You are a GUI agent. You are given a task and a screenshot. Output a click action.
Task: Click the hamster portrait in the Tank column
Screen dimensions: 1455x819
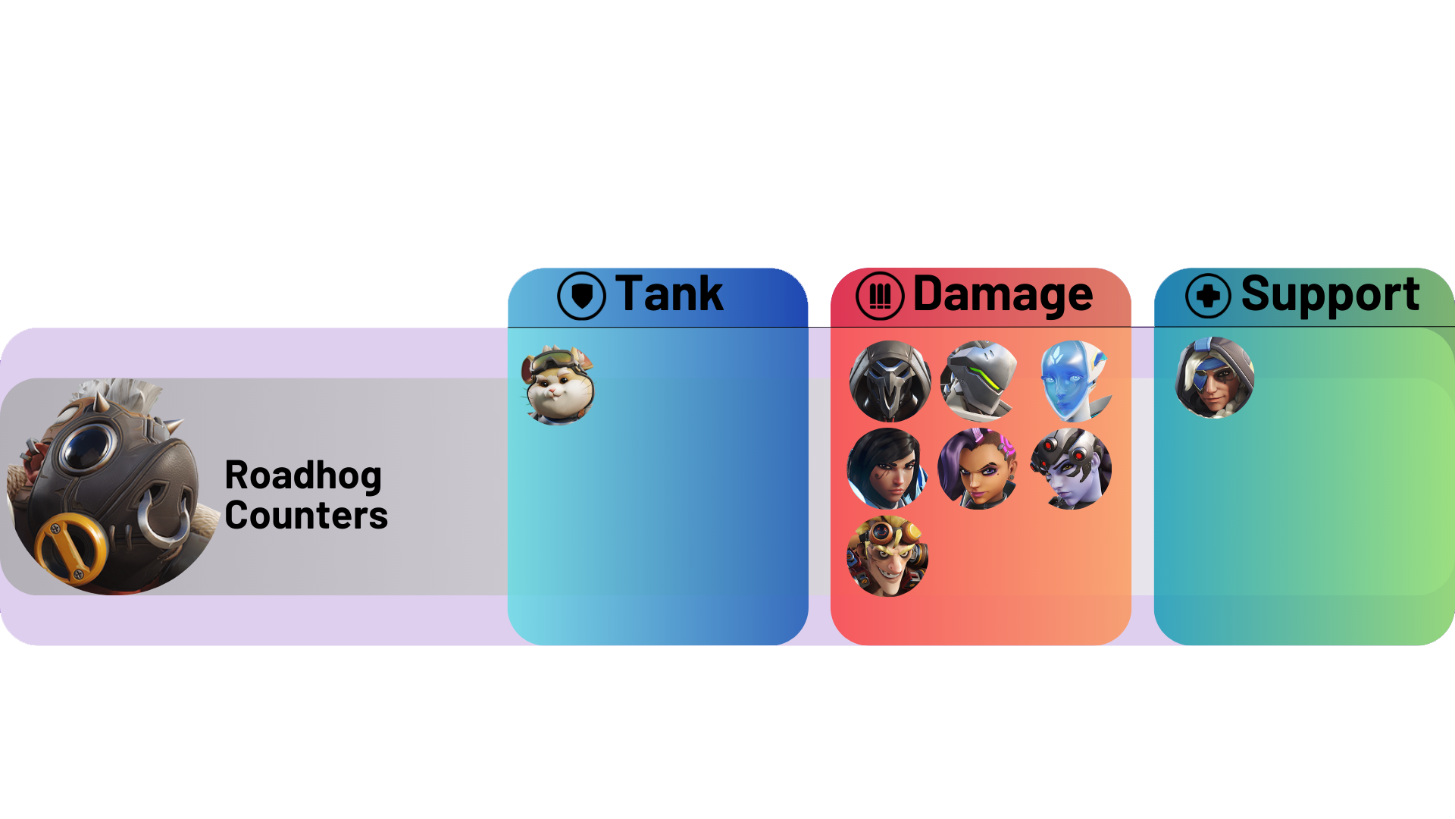point(559,385)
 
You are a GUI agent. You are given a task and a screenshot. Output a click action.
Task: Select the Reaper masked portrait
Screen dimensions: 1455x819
point(890,381)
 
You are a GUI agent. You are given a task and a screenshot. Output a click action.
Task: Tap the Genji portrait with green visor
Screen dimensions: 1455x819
point(980,381)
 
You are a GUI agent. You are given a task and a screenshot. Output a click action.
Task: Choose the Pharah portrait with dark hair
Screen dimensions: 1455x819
point(887,469)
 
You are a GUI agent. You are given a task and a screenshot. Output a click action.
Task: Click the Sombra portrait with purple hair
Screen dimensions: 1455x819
point(978,469)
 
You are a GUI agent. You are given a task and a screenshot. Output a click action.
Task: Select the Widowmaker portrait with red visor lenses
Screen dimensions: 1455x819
point(1071,469)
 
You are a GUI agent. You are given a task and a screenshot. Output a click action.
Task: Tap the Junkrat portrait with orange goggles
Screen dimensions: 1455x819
point(887,556)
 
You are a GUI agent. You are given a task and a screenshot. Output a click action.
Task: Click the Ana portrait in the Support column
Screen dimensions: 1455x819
point(1215,378)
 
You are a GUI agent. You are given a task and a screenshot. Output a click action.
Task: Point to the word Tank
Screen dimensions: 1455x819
point(669,293)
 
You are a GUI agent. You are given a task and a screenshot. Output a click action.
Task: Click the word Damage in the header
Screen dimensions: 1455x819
point(1003,294)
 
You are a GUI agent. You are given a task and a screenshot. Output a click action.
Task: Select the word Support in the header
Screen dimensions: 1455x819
point(1330,295)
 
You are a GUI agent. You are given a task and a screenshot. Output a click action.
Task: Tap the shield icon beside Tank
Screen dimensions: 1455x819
point(581,296)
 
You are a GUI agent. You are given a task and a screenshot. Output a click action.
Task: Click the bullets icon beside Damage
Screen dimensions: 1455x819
point(880,296)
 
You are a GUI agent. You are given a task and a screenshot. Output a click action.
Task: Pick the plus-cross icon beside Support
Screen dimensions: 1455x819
point(1209,296)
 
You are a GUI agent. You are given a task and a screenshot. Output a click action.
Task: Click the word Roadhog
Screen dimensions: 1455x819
point(303,476)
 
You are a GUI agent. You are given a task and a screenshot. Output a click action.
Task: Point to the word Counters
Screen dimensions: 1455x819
point(306,516)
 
